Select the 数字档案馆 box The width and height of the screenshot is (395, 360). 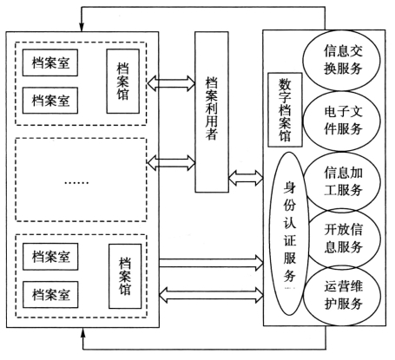285,110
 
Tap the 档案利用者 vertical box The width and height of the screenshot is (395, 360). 212,112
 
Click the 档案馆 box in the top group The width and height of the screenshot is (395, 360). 123,81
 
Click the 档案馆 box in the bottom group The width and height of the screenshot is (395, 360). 125,276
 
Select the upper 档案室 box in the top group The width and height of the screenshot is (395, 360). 50,62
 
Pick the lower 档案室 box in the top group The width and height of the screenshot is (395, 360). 50,101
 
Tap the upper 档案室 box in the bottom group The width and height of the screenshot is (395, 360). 50,257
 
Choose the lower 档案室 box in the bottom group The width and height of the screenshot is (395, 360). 50,294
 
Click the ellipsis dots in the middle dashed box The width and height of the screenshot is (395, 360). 76,183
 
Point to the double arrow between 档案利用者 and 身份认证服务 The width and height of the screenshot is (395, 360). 246,178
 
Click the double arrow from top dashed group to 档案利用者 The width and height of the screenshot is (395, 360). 171,83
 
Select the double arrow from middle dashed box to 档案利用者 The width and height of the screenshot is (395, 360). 171,162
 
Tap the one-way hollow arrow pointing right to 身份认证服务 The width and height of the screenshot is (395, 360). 211,263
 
